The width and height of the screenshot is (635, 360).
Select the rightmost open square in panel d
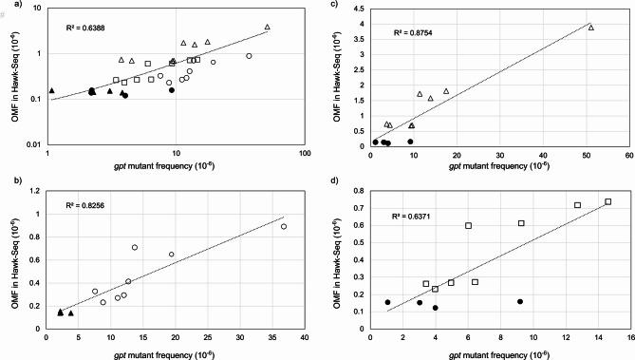[607, 201]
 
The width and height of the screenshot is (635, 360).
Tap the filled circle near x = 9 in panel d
[520, 301]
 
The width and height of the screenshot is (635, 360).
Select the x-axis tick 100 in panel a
[305, 152]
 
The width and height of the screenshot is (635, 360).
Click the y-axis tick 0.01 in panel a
[35, 144]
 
